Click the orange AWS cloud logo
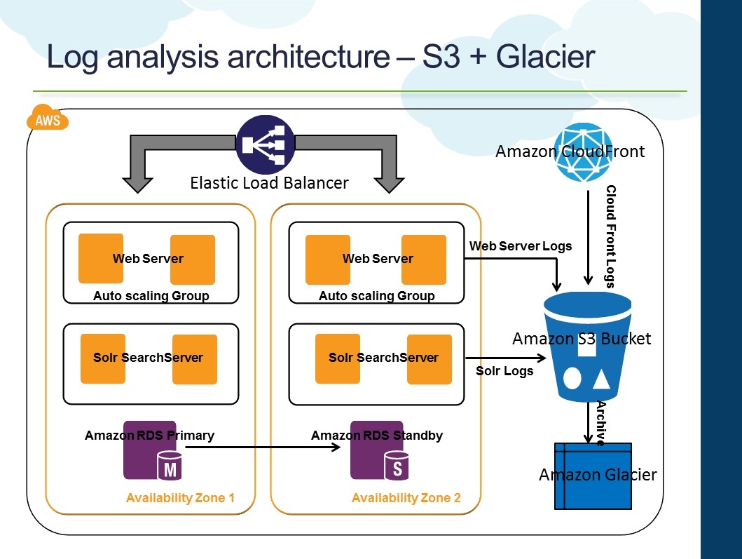coord(48,119)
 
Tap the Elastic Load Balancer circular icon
coord(265,145)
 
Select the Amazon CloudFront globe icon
coord(583,153)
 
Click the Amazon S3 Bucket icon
coord(587,347)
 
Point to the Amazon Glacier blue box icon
coord(593,476)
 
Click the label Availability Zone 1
coord(180,498)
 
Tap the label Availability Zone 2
coord(406,498)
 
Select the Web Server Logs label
coord(521,246)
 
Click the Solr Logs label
coord(504,371)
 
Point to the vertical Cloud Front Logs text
coord(610,236)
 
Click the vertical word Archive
coord(600,423)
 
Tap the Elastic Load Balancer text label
coord(269,184)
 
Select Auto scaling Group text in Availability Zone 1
coord(151,296)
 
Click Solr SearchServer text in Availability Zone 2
coord(383,358)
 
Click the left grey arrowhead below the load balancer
coord(137,184)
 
